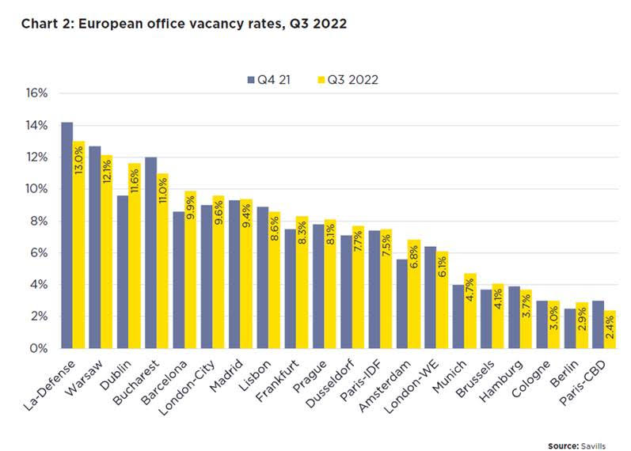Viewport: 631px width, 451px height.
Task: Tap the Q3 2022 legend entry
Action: coord(349,79)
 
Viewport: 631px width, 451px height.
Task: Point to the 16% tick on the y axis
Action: coord(37,93)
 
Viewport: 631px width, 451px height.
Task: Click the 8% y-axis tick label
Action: coord(40,221)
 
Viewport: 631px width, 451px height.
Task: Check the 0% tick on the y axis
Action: coord(40,348)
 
